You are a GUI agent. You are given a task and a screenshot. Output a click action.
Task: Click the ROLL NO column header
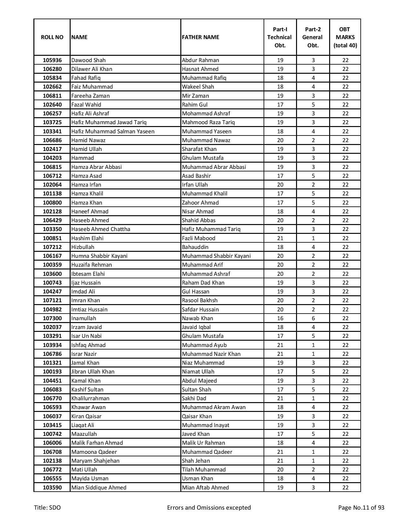pyautogui.click(x=52, y=37)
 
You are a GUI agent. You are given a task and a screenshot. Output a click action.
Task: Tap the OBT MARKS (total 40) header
pyautogui.click(x=345, y=37)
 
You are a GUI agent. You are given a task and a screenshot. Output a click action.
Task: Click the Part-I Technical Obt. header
pyautogui.click(x=280, y=37)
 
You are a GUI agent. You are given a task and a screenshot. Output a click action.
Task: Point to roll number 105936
pyautogui.click(x=52, y=60)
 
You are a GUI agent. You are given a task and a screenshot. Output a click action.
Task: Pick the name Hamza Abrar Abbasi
pyautogui.click(x=96, y=167)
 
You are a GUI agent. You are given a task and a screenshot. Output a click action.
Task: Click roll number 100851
pyautogui.click(x=52, y=238)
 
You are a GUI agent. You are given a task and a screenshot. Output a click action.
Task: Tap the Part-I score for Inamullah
pyautogui.click(x=280, y=318)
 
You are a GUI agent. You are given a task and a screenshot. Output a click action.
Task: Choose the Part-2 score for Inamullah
pyautogui.click(x=313, y=318)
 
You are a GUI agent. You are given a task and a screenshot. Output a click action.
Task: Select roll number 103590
pyautogui.click(x=52, y=488)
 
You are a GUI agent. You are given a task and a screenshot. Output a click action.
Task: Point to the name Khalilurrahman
pyautogui.click(x=90, y=398)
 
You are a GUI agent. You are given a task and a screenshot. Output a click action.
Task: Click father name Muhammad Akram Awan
pyautogui.click(x=214, y=407)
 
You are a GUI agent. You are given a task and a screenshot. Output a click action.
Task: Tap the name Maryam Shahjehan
pyautogui.click(x=95, y=461)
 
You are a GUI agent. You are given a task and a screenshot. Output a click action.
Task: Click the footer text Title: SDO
pyautogui.click(x=47, y=508)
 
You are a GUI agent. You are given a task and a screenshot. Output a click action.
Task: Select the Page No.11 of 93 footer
pyautogui.click(x=361, y=508)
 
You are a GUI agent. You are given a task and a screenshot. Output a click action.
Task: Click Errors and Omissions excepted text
pyautogui.click(x=209, y=508)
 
